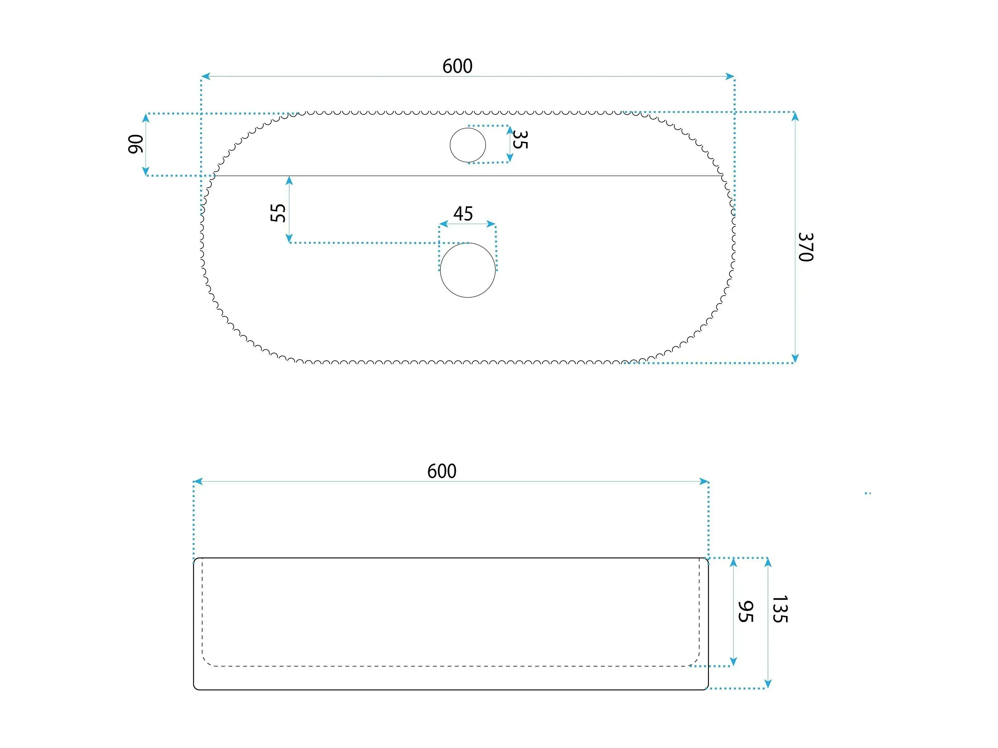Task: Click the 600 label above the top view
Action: click(457, 66)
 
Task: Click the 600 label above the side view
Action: click(442, 471)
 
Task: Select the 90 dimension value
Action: click(136, 144)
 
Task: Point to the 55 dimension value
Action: click(278, 213)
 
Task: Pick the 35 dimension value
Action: click(520, 140)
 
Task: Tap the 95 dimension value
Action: click(745, 612)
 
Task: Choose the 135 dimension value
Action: click(780, 610)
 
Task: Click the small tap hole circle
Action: click(468, 145)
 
